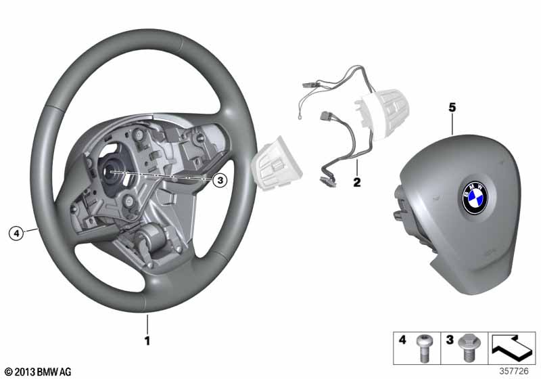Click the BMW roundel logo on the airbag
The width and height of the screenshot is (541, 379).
(x=475, y=198)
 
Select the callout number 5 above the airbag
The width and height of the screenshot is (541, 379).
(x=452, y=108)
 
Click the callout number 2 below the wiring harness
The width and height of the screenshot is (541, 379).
(x=357, y=182)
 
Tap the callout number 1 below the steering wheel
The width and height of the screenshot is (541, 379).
(x=147, y=340)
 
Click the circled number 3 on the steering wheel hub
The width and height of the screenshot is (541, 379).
(x=219, y=180)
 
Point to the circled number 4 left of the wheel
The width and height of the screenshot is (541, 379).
(x=16, y=233)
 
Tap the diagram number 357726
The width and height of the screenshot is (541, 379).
(x=514, y=371)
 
